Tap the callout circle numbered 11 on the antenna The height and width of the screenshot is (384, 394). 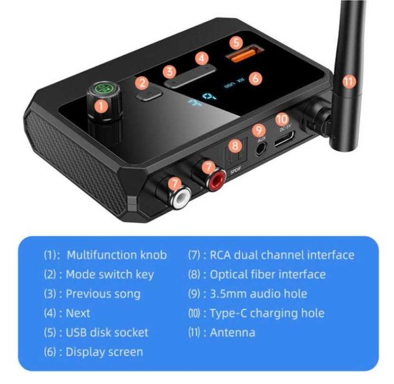coord(349,82)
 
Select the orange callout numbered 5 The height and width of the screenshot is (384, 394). coord(235,41)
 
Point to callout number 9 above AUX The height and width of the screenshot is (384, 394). coord(259,130)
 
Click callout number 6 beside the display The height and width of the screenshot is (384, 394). coord(255,77)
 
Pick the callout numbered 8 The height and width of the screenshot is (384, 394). coord(235,145)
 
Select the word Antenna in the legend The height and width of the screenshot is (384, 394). coord(233,332)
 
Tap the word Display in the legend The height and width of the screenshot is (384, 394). coord(84,352)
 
